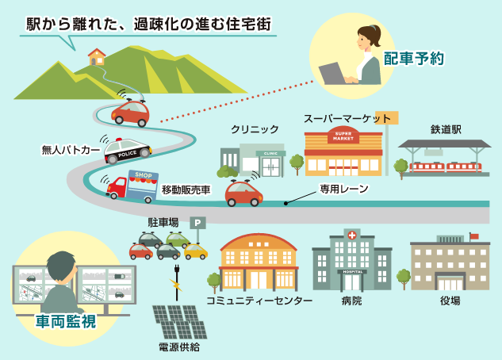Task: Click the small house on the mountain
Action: [97, 56]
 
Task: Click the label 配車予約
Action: [413, 58]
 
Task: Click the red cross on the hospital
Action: [351, 235]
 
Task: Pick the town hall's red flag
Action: [474, 236]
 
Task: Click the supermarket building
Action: [343, 151]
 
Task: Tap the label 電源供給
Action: [179, 347]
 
